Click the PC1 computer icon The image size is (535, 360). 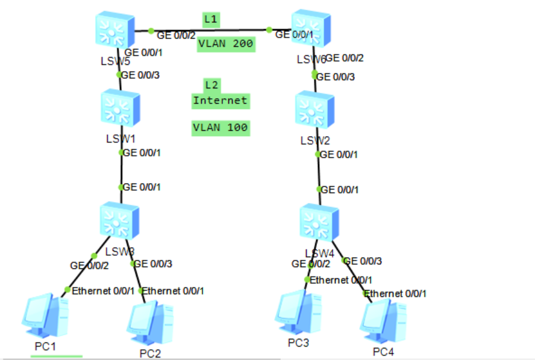point(45,316)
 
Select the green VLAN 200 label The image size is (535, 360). point(226,44)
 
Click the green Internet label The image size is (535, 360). point(220,101)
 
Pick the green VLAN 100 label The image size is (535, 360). point(221,128)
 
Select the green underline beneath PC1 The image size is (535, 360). point(56,356)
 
